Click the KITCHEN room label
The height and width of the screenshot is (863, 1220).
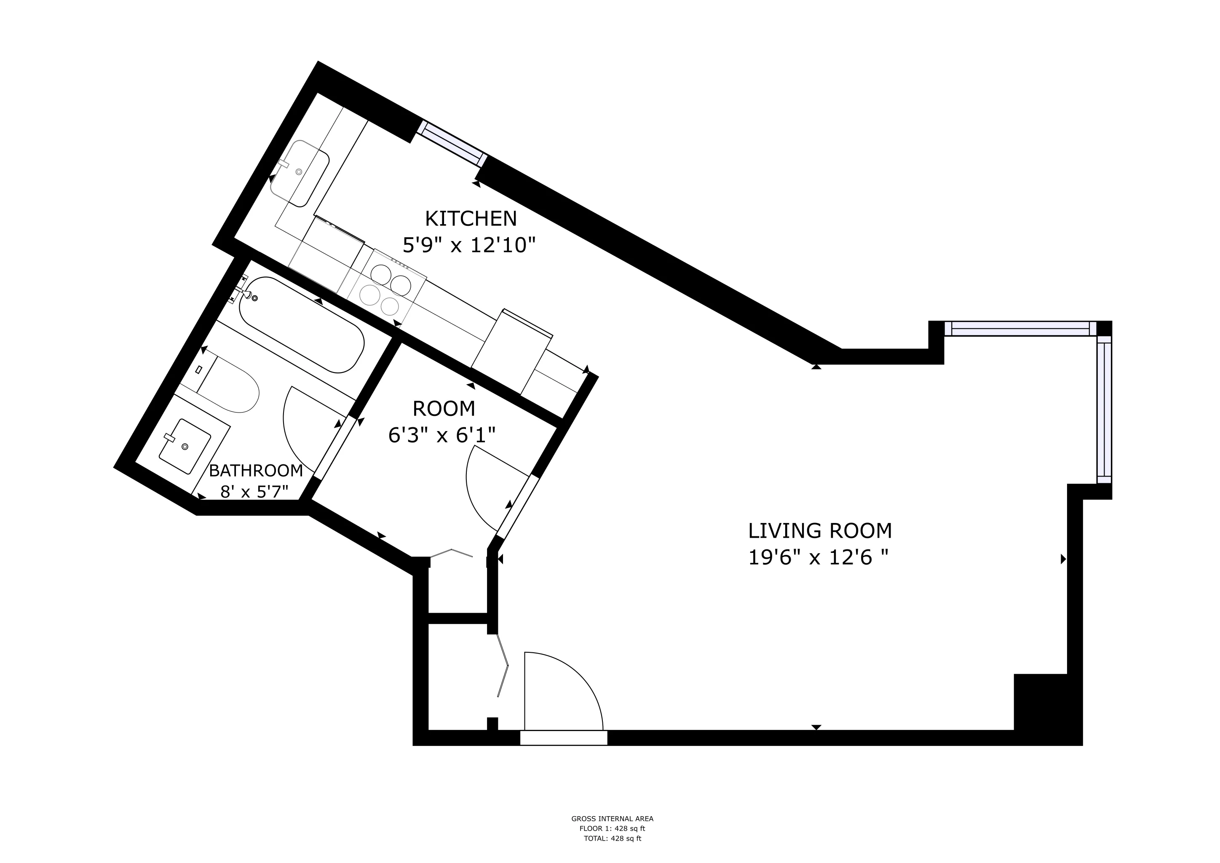(471, 218)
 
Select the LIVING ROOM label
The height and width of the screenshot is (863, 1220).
(820, 531)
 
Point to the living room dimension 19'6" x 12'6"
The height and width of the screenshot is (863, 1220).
(818, 558)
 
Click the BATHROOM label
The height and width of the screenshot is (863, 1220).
(256, 470)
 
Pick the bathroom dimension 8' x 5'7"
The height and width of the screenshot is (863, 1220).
(254, 492)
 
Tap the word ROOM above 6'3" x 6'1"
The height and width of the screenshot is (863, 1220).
(444, 409)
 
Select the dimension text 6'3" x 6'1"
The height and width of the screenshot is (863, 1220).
(441, 436)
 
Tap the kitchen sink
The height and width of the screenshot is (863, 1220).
(300, 173)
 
